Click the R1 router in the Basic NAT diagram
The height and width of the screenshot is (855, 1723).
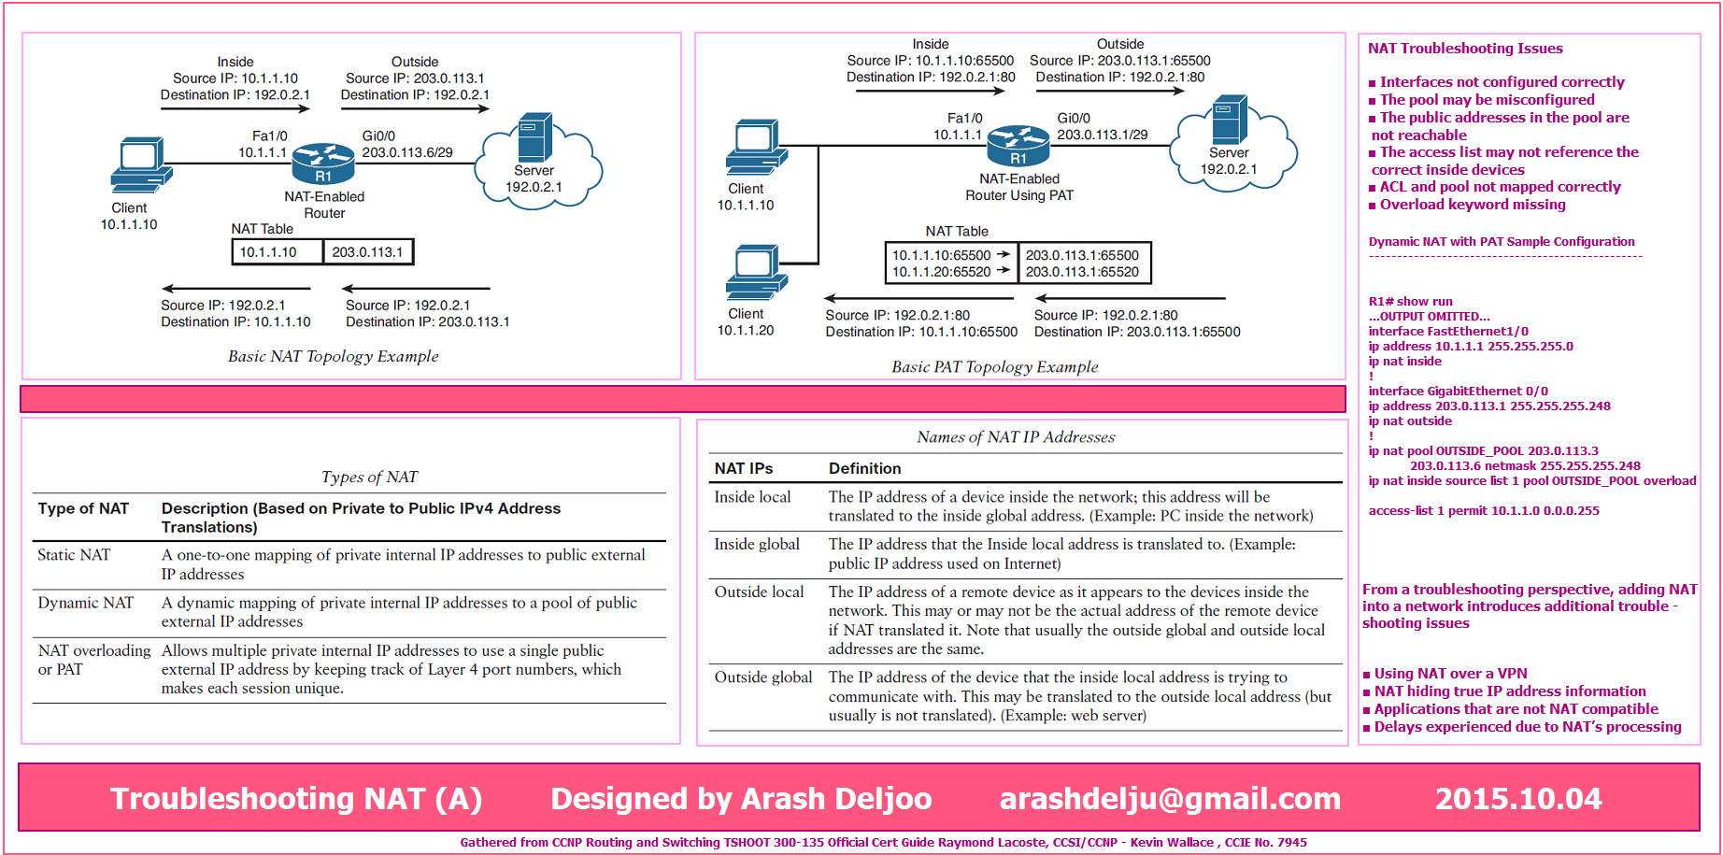(x=323, y=164)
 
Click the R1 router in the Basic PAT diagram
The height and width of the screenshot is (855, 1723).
(x=1018, y=146)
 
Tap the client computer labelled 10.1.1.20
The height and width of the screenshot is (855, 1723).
(x=756, y=273)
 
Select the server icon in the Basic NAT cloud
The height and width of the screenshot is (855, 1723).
(x=534, y=137)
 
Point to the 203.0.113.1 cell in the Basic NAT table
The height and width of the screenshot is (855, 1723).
(x=367, y=252)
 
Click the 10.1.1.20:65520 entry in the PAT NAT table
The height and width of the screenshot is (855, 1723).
(x=941, y=272)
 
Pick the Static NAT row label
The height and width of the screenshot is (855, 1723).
(x=74, y=555)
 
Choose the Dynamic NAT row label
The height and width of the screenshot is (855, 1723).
(x=86, y=603)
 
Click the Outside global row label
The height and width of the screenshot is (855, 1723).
(x=763, y=677)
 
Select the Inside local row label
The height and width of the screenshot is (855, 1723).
(x=752, y=497)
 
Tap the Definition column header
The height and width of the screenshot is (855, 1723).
(x=864, y=468)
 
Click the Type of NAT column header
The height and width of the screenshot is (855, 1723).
(x=83, y=508)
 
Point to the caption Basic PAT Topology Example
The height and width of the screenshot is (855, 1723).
(x=994, y=367)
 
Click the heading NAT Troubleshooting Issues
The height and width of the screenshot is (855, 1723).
(x=1465, y=49)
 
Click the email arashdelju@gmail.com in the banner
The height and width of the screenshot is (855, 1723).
(x=1170, y=799)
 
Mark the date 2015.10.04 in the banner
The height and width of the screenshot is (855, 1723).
(x=1518, y=799)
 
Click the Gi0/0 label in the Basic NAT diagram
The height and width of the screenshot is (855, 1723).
(x=378, y=136)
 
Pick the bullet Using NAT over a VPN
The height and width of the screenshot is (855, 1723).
(x=1445, y=674)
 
